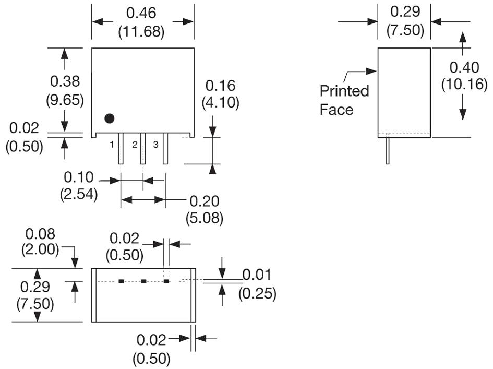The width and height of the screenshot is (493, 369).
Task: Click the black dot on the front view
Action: (x=109, y=118)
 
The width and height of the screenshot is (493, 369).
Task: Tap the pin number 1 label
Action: (x=112, y=145)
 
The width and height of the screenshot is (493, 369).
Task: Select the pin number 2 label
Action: (x=135, y=145)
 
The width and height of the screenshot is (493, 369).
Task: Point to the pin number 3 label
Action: (x=155, y=145)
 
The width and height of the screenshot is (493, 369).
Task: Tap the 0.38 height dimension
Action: (x=65, y=81)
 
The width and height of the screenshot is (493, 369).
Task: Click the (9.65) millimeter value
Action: (x=65, y=100)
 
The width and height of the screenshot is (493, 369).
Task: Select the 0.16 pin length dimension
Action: (x=220, y=86)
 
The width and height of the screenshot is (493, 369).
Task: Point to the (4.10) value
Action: (x=220, y=103)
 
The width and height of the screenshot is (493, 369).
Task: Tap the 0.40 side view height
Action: (x=464, y=67)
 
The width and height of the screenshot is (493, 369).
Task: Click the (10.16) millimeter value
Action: (x=464, y=84)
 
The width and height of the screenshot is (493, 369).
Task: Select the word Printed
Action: (x=344, y=91)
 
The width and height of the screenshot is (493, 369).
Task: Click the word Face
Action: (x=336, y=110)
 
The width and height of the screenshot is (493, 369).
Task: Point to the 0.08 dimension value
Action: (x=40, y=233)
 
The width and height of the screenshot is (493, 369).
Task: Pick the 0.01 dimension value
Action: (x=257, y=275)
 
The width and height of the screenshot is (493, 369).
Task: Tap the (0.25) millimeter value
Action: (x=257, y=294)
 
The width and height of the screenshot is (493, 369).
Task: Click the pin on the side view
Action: (x=388, y=151)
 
